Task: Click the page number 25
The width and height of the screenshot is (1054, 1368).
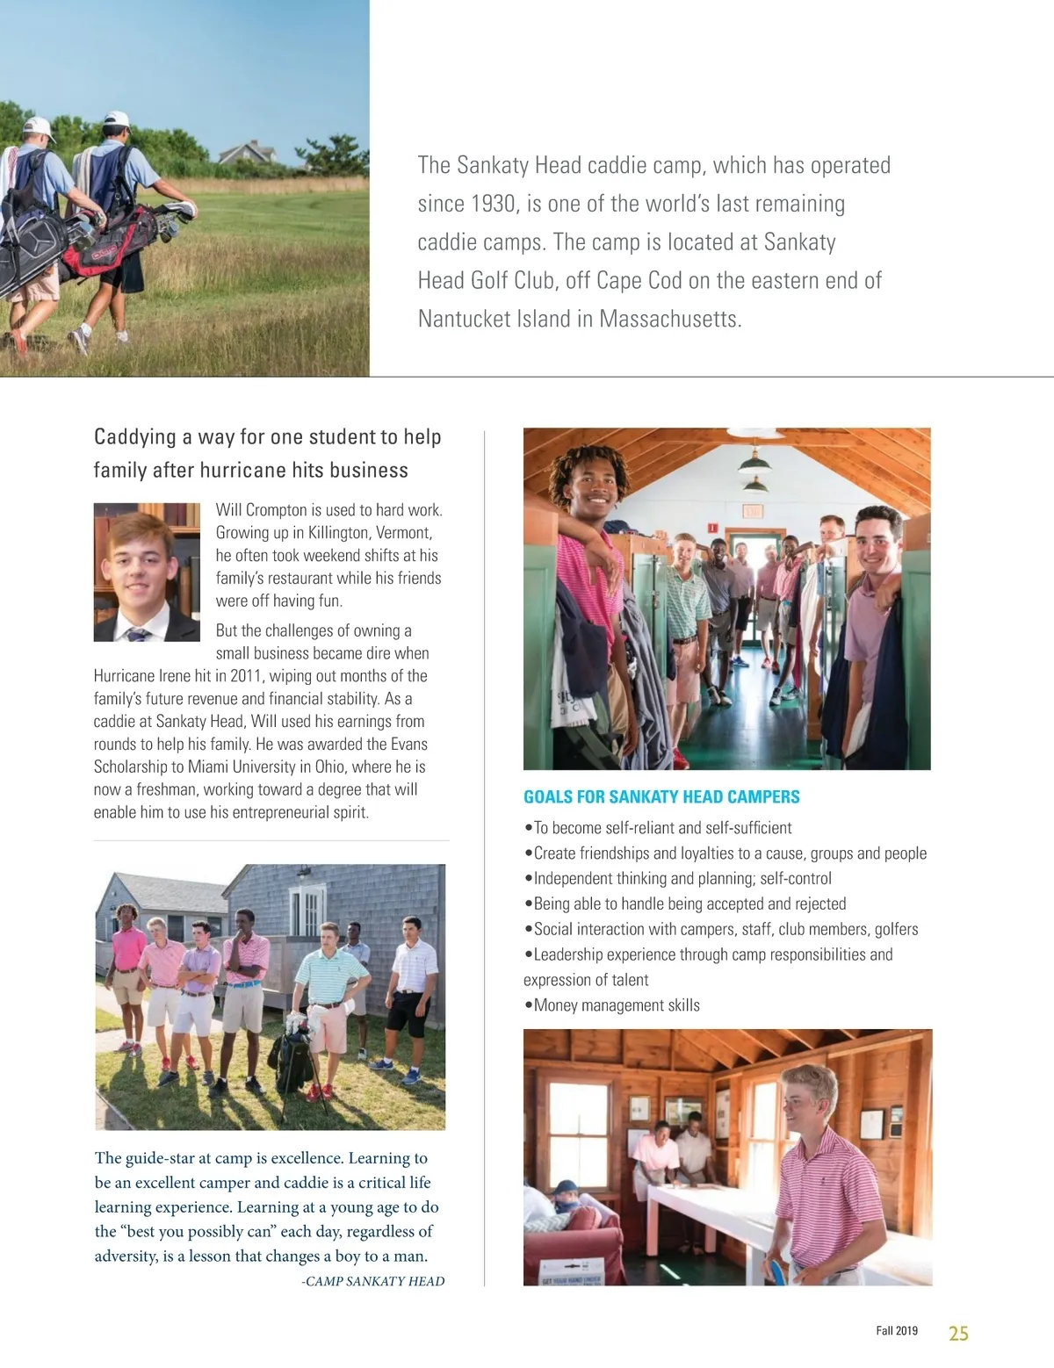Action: [958, 1333]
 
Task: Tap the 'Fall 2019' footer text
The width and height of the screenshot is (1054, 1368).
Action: [896, 1331]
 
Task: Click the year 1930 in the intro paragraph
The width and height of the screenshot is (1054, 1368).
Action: [493, 204]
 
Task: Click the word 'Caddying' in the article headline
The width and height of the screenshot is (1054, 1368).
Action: [135, 437]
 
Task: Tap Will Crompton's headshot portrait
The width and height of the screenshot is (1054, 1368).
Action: [147, 572]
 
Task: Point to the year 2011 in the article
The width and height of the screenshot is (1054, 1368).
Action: [248, 676]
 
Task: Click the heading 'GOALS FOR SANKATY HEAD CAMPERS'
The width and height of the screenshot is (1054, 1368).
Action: [661, 797]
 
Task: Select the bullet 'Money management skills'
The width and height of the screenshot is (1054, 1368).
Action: [616, 1005]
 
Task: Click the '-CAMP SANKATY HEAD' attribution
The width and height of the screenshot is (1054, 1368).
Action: [372, 1281]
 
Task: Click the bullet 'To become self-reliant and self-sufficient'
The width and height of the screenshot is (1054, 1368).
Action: [662, 828]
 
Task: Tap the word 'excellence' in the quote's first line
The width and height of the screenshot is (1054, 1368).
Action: [300, 1158]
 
